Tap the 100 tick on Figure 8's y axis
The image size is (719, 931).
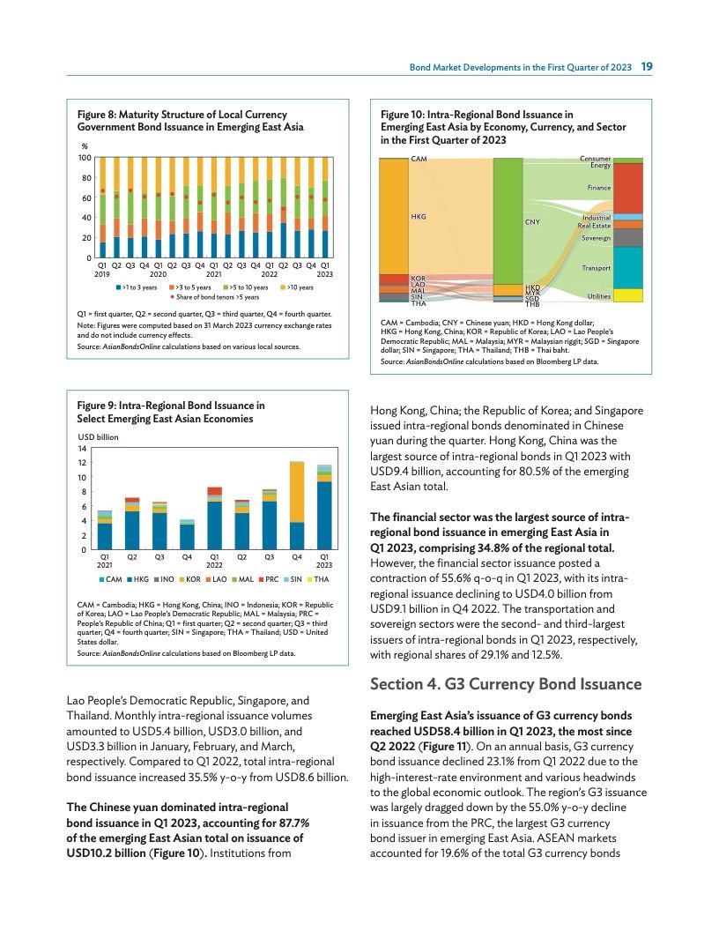86,158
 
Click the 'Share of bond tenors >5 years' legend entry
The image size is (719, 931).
212,297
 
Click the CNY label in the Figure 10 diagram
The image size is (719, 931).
532,222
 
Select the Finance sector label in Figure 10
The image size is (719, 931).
599,188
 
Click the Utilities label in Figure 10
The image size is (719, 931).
598,296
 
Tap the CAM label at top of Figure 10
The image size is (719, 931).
419,159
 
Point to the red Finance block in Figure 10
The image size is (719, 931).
627,188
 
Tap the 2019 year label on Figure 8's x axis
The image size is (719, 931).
103,273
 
